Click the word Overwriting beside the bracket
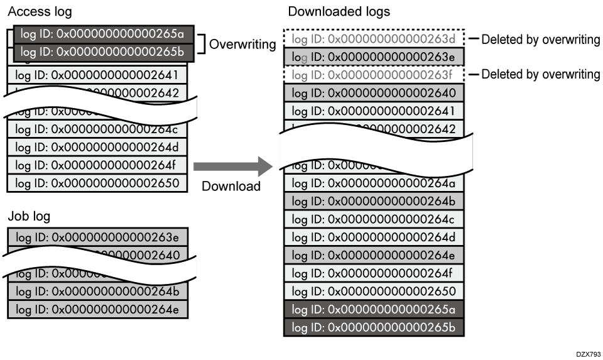click(242, 45)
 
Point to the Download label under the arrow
click(231, 186)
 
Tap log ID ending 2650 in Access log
click(97, 183)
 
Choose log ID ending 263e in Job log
click(97, 237)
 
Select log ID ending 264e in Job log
click(97, 309)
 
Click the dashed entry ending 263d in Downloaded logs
click(374, 40)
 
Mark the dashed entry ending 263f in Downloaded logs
click(374, 75)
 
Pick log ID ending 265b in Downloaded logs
click(374, 327)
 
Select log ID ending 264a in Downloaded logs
click(374, 183)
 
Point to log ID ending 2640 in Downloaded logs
click(374, 93)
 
